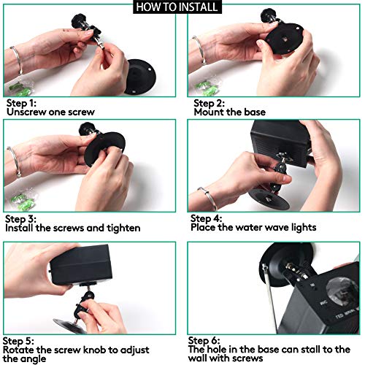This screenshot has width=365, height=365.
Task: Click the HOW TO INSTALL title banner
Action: point(182,7)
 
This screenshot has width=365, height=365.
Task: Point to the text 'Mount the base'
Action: point(230,112)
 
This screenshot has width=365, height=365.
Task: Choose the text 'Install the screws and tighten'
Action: point(80,228)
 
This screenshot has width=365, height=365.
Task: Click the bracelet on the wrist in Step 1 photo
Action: point(16,61)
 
